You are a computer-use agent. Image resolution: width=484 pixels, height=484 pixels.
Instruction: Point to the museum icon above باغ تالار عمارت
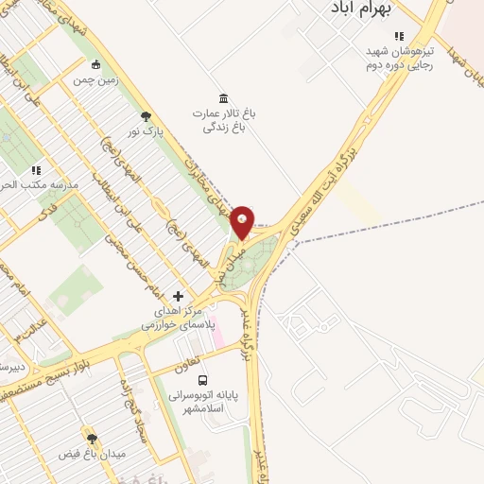point(223,98)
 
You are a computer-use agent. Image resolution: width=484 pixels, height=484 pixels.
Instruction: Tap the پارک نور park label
point(147,131)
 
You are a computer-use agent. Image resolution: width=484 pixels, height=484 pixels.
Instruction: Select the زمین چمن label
point(95,80)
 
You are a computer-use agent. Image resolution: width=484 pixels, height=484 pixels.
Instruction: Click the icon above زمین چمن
point(95,64)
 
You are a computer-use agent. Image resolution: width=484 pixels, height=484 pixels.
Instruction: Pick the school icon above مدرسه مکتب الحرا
point(36,170)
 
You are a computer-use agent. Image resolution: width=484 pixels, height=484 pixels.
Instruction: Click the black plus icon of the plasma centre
point(178,296)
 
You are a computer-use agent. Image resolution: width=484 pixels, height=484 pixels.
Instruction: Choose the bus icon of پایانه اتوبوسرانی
point(205,380)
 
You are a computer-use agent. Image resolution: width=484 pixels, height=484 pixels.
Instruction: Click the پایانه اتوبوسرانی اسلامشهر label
point(205,402)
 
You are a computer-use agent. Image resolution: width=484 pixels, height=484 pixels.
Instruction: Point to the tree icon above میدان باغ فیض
point(92,439)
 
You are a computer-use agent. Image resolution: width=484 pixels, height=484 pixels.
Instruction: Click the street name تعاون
point(187,365)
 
